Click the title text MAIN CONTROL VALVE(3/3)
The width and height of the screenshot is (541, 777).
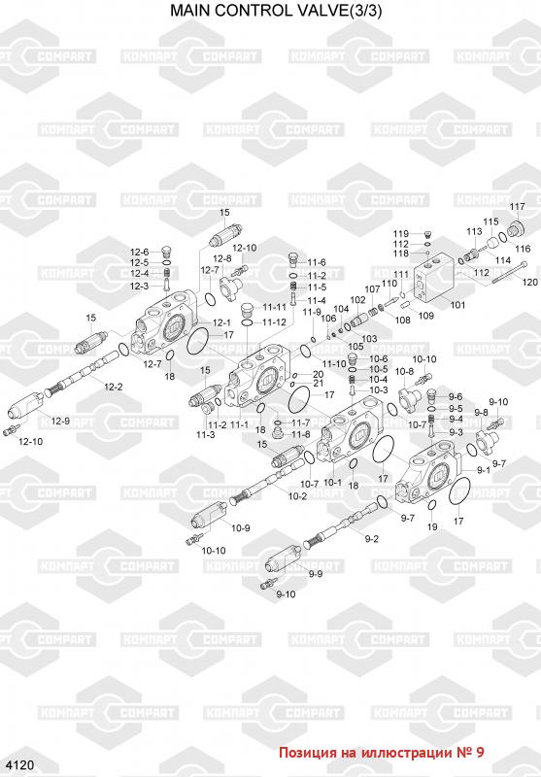[x=276, y=11]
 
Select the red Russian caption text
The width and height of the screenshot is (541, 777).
[x=382, y=753]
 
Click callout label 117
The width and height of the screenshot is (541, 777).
[x=518, y=206]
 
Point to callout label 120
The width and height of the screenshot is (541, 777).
[x=529, y=282]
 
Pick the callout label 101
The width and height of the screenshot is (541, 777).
[x=457, y=305]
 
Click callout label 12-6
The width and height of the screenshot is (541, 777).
[x=139, y=253]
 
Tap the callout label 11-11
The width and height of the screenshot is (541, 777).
[x=275, y=307]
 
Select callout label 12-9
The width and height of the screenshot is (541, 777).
[x=60, y=422]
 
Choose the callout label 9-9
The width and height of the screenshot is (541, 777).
[x=316, y=574]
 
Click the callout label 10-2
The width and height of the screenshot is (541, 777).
[x=297, y=496]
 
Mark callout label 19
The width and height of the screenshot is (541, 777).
[x=432, y=526]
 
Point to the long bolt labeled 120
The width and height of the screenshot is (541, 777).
[x=509, y=273]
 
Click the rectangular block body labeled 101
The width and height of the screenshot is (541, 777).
[x=434, y=279]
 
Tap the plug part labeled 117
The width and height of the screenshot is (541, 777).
[x=516, y=228]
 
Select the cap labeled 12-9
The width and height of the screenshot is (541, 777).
[x=25, y=405]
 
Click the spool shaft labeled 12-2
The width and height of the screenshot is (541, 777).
[x=83, y=373]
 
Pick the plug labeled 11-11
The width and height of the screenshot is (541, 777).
[x=248, y=312]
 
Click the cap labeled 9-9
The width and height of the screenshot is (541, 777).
[x=283, y=559]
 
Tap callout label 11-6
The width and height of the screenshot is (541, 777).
[x=317, y=262]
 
